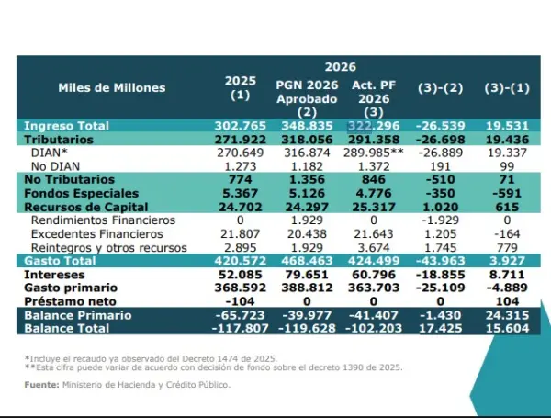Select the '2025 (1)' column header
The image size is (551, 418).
click(240, 87)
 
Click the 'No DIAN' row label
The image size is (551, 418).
click(53, 164)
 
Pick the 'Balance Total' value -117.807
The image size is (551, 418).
click(239, 328)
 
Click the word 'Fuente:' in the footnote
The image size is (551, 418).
click(41, 385)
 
